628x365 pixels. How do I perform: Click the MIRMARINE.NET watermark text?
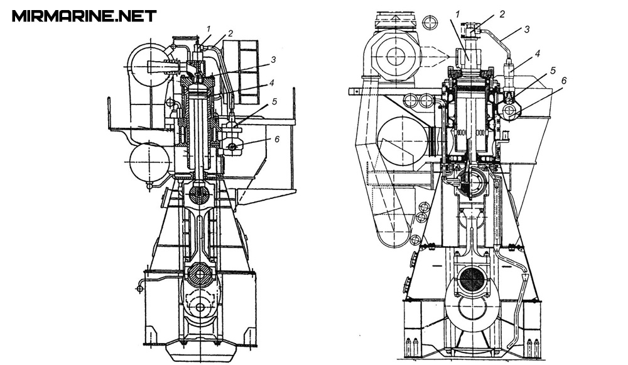84,16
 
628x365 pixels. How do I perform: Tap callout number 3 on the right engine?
527,28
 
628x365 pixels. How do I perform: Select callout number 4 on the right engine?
538,53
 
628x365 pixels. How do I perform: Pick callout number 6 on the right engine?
564,81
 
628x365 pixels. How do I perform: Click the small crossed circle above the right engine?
429,24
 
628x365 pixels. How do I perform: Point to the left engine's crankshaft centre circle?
200,308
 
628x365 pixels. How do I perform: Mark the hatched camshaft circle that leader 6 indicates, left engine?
232,147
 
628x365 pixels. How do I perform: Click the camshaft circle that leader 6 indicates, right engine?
511,111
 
